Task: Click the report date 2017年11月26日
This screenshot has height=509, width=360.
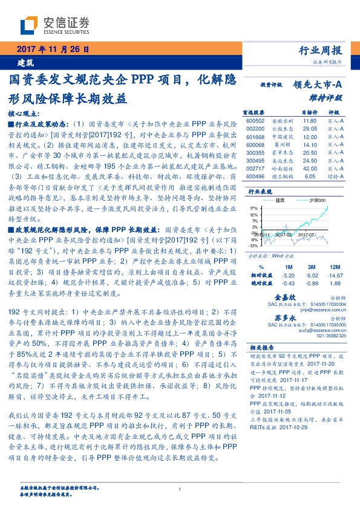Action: point(52,50)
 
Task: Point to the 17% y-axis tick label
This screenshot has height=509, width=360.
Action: point(254,207)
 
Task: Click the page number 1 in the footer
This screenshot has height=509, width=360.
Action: point(180,490)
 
